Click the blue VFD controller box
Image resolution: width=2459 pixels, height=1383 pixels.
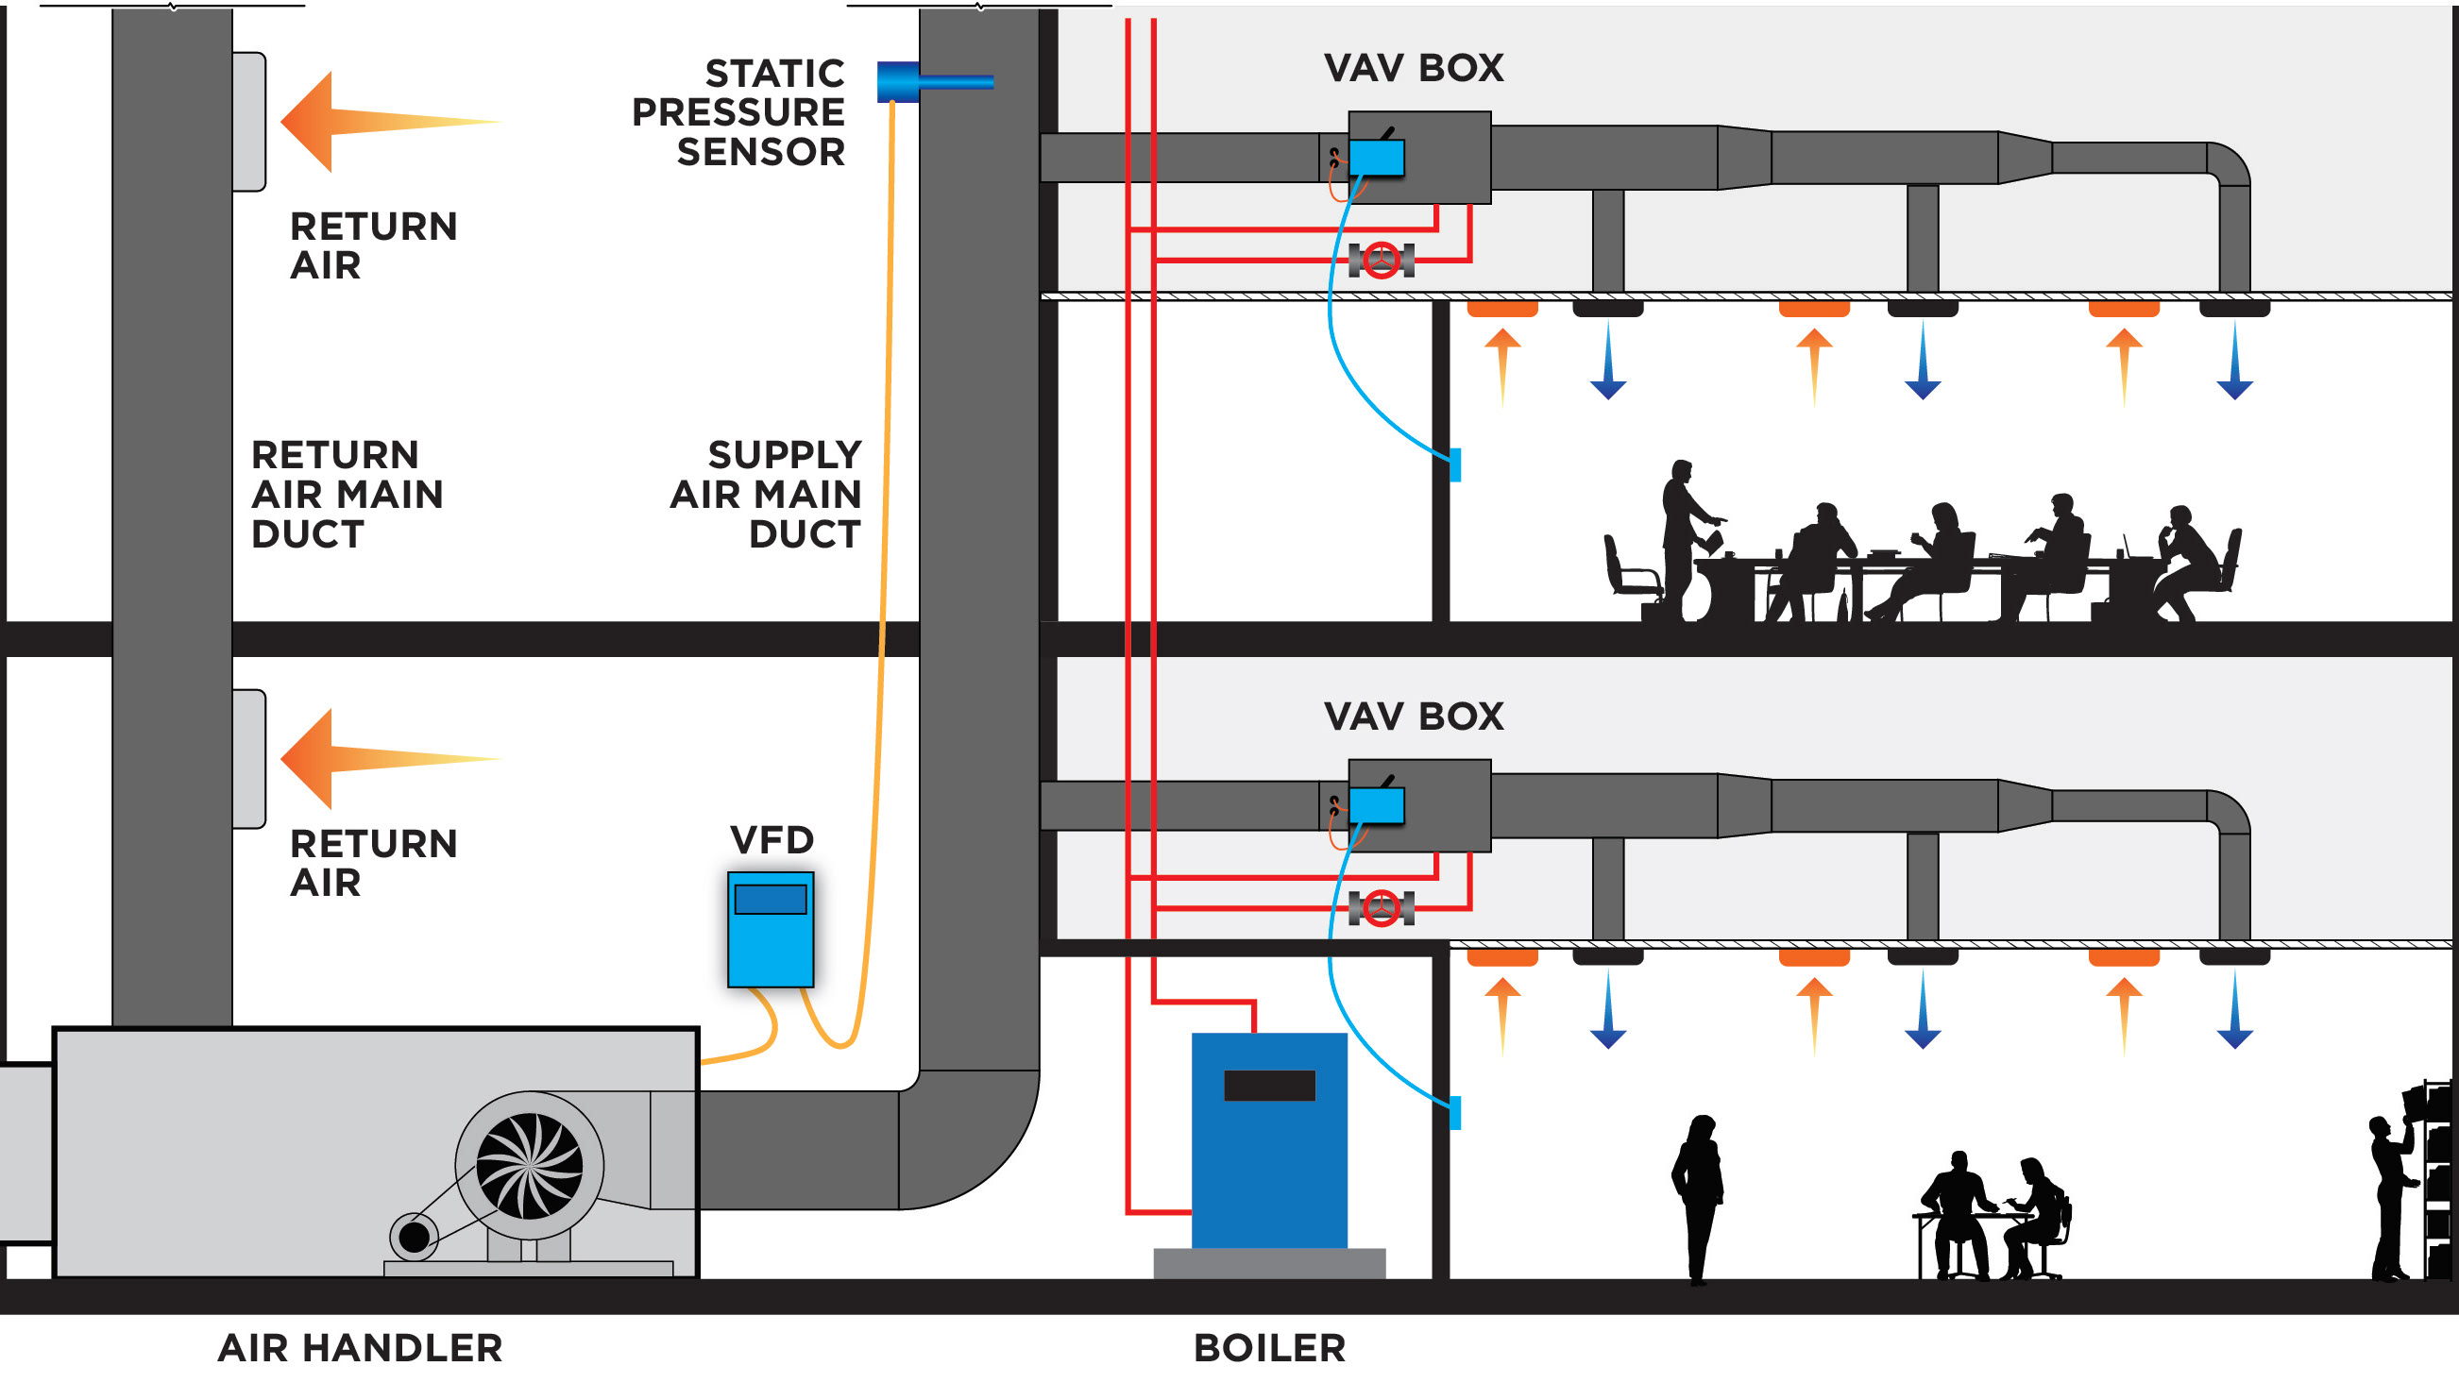click(x=771, y=929)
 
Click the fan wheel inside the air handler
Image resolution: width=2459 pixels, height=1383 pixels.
click(x=529, y=1165)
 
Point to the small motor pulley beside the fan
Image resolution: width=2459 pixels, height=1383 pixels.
click(x=415, y=1237)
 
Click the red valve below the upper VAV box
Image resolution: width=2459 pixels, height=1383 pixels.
click(x=1381, y=260)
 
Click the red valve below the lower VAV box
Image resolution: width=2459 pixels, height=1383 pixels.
click(x=1381, y=908)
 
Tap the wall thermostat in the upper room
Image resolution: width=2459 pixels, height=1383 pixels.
click(x=1455, y=464)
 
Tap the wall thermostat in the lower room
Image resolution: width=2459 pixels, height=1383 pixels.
click(x=1455, y=1113)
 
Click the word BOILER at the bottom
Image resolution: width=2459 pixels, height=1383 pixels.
click(x=1268, y=1348)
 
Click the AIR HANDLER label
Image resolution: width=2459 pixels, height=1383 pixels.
click(x=360, y=1348)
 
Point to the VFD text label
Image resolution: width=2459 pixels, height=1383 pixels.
click(x=772, y=840)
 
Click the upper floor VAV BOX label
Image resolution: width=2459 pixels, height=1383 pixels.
click(x=1413, y=68)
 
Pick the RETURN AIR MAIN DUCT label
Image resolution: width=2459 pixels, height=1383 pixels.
click(x=347, y=495)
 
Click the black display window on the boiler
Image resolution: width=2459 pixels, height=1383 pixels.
click(x=1268, y=1086)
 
